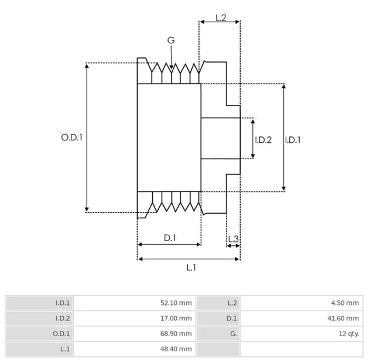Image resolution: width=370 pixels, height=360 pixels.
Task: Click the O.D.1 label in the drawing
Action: [x=72, y=138]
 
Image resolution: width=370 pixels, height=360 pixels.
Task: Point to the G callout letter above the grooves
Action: [x=171, y=40]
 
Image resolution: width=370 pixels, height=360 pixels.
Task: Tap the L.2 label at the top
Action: [x=221, y=18]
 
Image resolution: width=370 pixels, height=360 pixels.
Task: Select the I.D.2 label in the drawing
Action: [x=263, y=140]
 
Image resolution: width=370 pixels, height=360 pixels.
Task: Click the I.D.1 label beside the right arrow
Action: [x=293, y=140]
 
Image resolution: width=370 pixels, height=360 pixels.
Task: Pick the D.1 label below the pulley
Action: [x=170, y=238]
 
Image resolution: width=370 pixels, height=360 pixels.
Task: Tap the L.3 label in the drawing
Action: [x=234, y=239]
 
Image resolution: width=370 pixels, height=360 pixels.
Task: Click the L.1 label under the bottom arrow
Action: [x=191, y=268]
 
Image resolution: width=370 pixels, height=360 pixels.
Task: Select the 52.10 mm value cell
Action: [x=176, y=303]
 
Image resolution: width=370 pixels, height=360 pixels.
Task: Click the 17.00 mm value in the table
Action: [x=176, y=318]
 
